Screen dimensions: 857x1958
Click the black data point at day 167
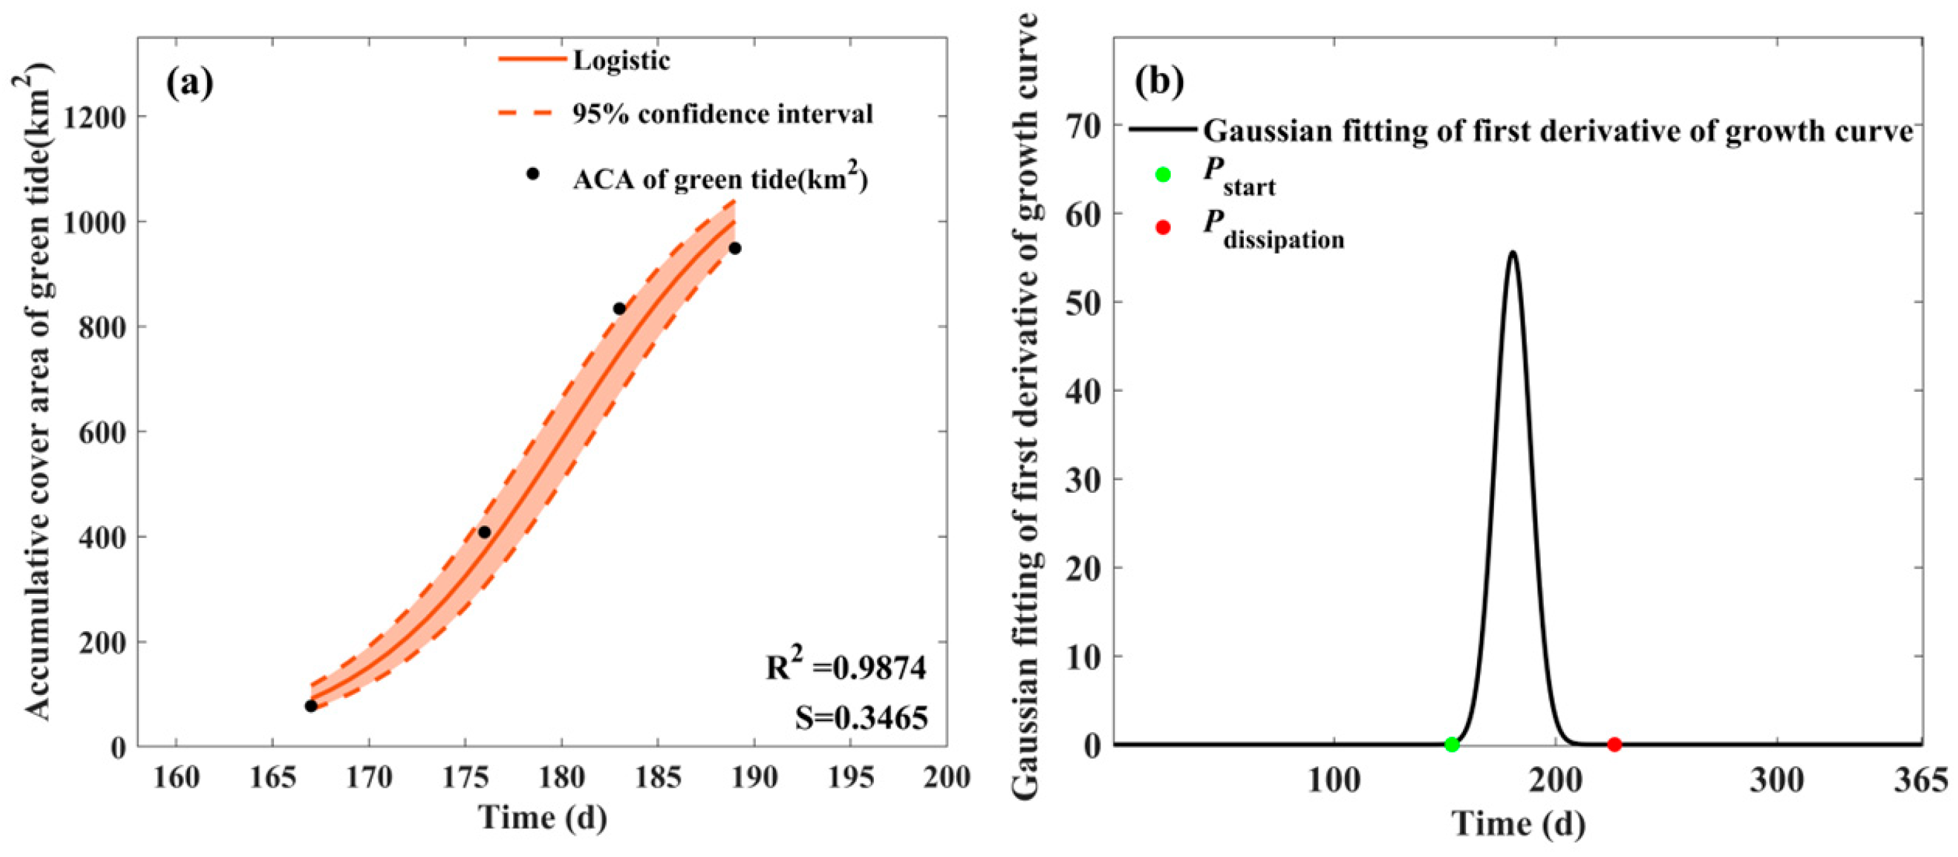point(311,706)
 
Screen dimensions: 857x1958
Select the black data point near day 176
point(484,532)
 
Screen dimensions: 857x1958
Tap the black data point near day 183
point(619,309)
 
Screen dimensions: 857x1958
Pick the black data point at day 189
point(735,249)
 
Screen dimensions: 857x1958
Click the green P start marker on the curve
point(1452,745)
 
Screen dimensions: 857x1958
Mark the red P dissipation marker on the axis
point(1615,745)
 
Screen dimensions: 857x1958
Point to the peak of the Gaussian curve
point(1513,253)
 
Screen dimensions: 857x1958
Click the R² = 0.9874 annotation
point(846,667)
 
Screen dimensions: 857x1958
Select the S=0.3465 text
point(861,717)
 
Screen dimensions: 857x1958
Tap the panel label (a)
point(190,83)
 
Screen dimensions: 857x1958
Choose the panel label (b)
point(1159,83)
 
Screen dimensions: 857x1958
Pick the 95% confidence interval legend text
point(722,114)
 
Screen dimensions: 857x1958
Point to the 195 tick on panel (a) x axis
point(851,777)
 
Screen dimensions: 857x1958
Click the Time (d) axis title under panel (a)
point(543,819)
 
